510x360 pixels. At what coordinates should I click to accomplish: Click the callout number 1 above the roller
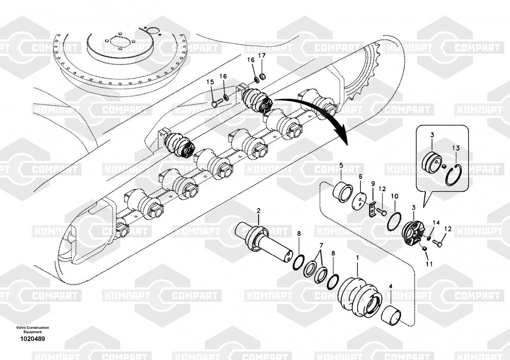[x=357, y=259]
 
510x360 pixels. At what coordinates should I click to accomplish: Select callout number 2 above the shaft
[x=259, y=211]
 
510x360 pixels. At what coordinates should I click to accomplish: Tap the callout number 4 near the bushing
[x=391, y=287]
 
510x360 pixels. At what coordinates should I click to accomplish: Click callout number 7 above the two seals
[x=320, y=245]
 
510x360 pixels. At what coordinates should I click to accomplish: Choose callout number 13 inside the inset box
[x=455, y=148]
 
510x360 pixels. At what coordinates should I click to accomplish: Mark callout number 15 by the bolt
[x=210, y=82]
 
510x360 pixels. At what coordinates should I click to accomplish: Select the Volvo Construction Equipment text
[x=33, y=329]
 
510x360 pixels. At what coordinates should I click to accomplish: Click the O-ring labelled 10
[x=393, y=222]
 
